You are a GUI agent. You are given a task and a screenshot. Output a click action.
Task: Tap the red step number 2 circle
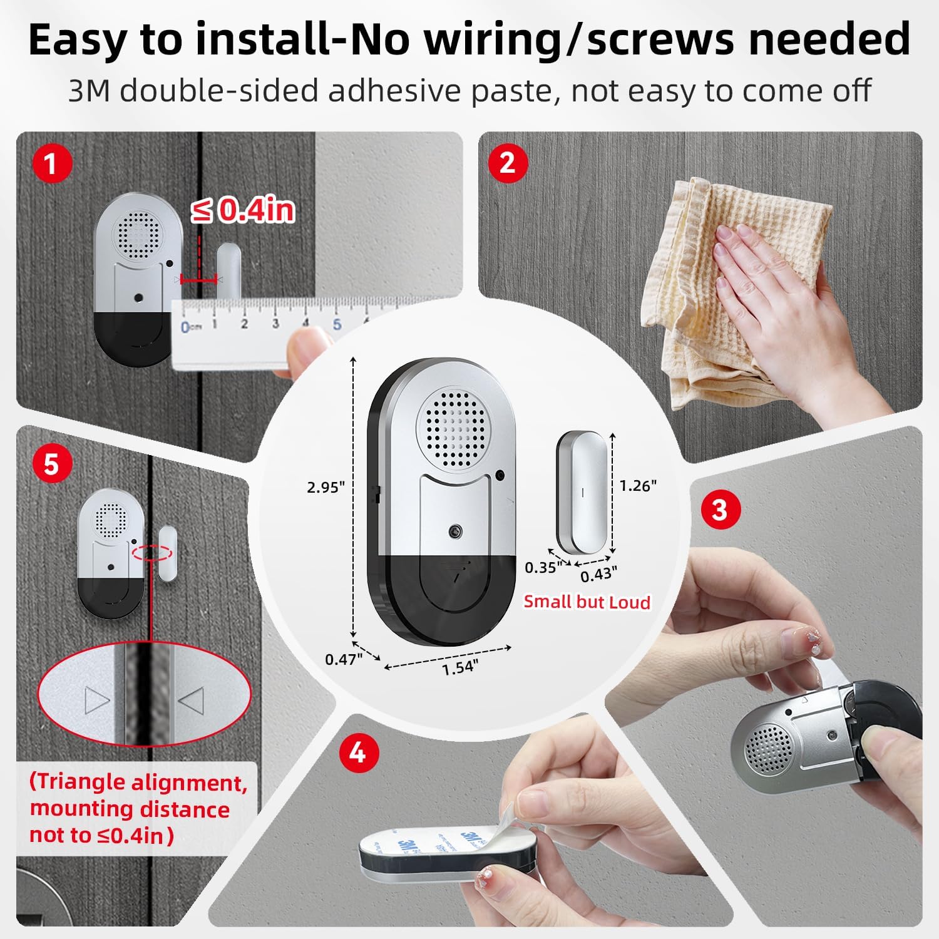tap(507, 163)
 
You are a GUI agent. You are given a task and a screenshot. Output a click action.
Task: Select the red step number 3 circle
tap(720, 510)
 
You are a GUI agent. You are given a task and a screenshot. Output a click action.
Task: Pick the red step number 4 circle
tap(357, 752)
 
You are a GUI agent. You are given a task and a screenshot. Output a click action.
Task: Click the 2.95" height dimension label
tap(326, 487)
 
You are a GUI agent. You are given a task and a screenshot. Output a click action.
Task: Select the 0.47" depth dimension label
tap(343, 659)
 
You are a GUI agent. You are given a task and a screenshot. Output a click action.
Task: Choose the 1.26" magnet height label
tap(638, 486)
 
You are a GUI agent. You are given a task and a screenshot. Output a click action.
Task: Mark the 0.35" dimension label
tap(542, 568)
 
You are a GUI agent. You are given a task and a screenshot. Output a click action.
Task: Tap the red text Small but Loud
tap(587, 602)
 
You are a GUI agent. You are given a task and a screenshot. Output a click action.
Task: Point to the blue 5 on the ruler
tap(337, 324)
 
